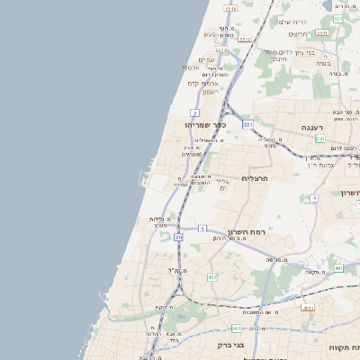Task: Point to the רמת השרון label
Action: point(243,229)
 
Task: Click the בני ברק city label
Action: point(231,345)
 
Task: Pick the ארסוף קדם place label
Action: point(200,84)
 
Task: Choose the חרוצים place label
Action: point(300,34)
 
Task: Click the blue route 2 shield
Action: point(194,112)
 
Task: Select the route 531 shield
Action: point(247,125)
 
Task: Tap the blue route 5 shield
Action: point(202,228)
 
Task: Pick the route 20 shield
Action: point(178,237)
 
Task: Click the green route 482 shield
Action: point(211,277)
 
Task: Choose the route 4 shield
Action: point(314,197)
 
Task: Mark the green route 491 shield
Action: point(338,267)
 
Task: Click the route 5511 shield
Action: point(231,10)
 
